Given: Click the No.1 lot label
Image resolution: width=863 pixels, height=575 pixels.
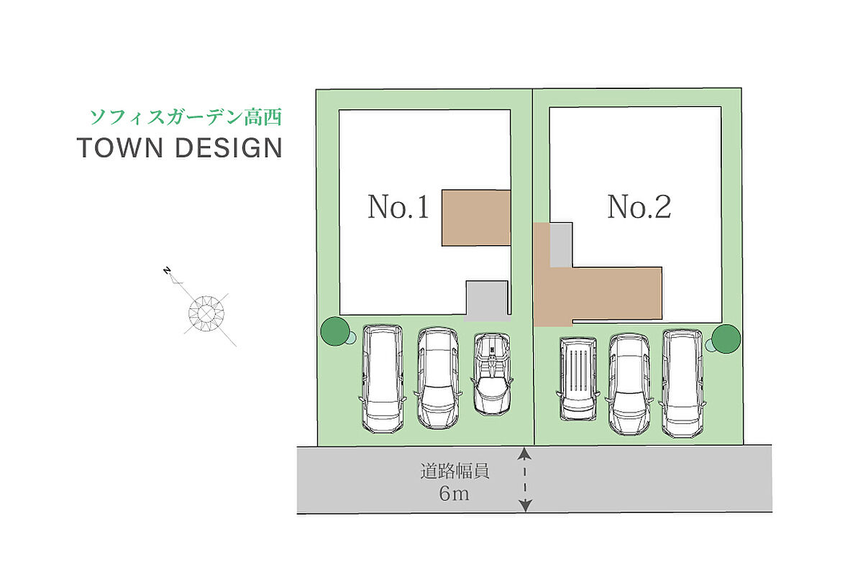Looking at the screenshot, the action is pyautogui.click(x=398, y=207).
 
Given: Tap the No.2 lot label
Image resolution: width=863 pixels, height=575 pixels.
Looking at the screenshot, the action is pyautogui.click(x=639, y=206).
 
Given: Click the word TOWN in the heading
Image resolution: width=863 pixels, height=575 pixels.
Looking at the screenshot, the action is pyautogui.click(x=120, y=148).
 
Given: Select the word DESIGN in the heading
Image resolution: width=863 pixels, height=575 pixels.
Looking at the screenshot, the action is pyautogui.click(x=229, y=148).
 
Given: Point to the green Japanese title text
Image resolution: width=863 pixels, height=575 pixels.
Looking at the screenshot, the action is pyautogui.click(x=186, y=117).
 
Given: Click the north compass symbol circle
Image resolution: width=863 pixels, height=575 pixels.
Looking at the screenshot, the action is pyautogui.click(x=206, y=313).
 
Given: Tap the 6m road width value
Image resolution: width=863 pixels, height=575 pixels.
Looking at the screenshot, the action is pyautogui.click(x=455, y=493).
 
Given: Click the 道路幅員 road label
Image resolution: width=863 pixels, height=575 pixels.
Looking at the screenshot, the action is pyautogui.click(x=455, y=471).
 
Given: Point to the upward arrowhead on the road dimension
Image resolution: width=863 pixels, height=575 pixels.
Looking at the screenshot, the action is pyautogui.click(x=524, y=454).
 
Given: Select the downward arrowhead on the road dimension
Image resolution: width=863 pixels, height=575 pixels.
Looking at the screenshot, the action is pyautogui.click(x=526, y=506).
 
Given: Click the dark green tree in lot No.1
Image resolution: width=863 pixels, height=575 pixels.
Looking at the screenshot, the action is pyautogui.click(x=335, y=331).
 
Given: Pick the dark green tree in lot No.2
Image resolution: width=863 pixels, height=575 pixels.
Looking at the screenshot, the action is pyautogui.click(x=726, y=339).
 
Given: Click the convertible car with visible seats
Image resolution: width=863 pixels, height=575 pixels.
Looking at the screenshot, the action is pyautogui.click(x=492, y=374).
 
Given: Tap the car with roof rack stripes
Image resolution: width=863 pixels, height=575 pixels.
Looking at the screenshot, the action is pyautogui.click(x=578, y=379).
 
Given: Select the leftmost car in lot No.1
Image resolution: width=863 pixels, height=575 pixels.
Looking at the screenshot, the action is pyautogui.click(x=383, y=379).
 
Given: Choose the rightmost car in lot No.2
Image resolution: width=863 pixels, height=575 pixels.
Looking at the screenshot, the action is pyautogui.click(x=682, y=384).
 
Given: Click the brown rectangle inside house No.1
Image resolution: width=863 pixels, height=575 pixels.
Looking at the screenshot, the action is pyautogui.click(x=476, y=218).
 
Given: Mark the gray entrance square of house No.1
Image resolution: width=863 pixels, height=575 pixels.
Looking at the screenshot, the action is pyautogui.click(x=488, y=300).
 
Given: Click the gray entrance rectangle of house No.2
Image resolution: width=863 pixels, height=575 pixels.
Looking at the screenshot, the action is pyautogui.click(x=561, y=245).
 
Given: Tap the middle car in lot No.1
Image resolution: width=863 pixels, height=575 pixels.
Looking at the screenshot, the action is pyautogui.click(x=438, y=379).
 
